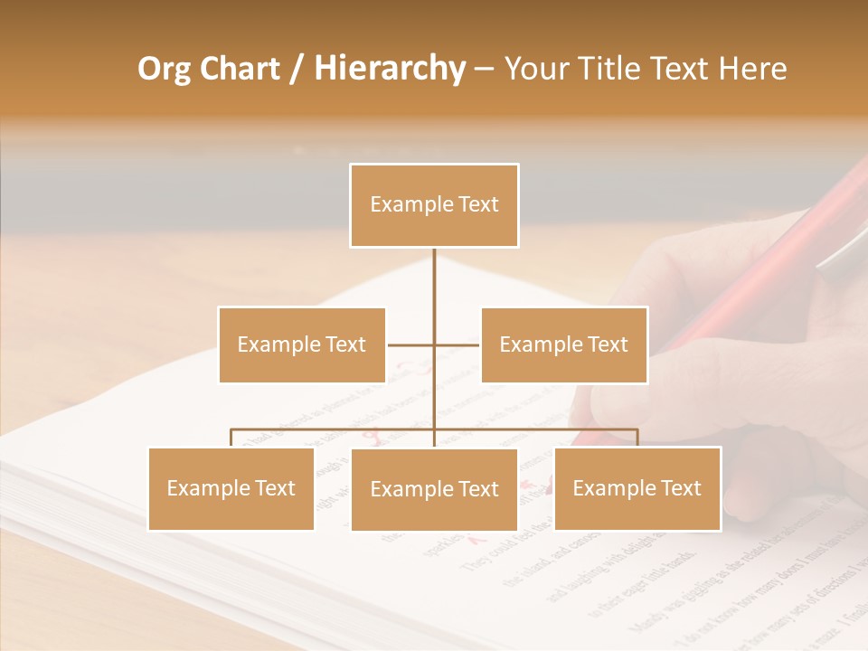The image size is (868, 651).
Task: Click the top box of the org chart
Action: [434, 205]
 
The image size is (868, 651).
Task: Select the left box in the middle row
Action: [302, 344]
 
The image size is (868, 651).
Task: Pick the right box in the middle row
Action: [564, 344]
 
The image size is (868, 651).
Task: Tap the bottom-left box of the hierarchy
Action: [231, 488]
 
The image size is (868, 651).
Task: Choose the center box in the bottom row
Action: [434, 489]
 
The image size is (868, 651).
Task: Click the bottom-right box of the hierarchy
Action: [637, 488]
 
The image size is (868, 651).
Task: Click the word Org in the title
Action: [164, 69]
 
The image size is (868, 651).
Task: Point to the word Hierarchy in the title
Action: [389, 69]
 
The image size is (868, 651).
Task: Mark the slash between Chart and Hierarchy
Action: [297, 69]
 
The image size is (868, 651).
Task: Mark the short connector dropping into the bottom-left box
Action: [231, 438]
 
